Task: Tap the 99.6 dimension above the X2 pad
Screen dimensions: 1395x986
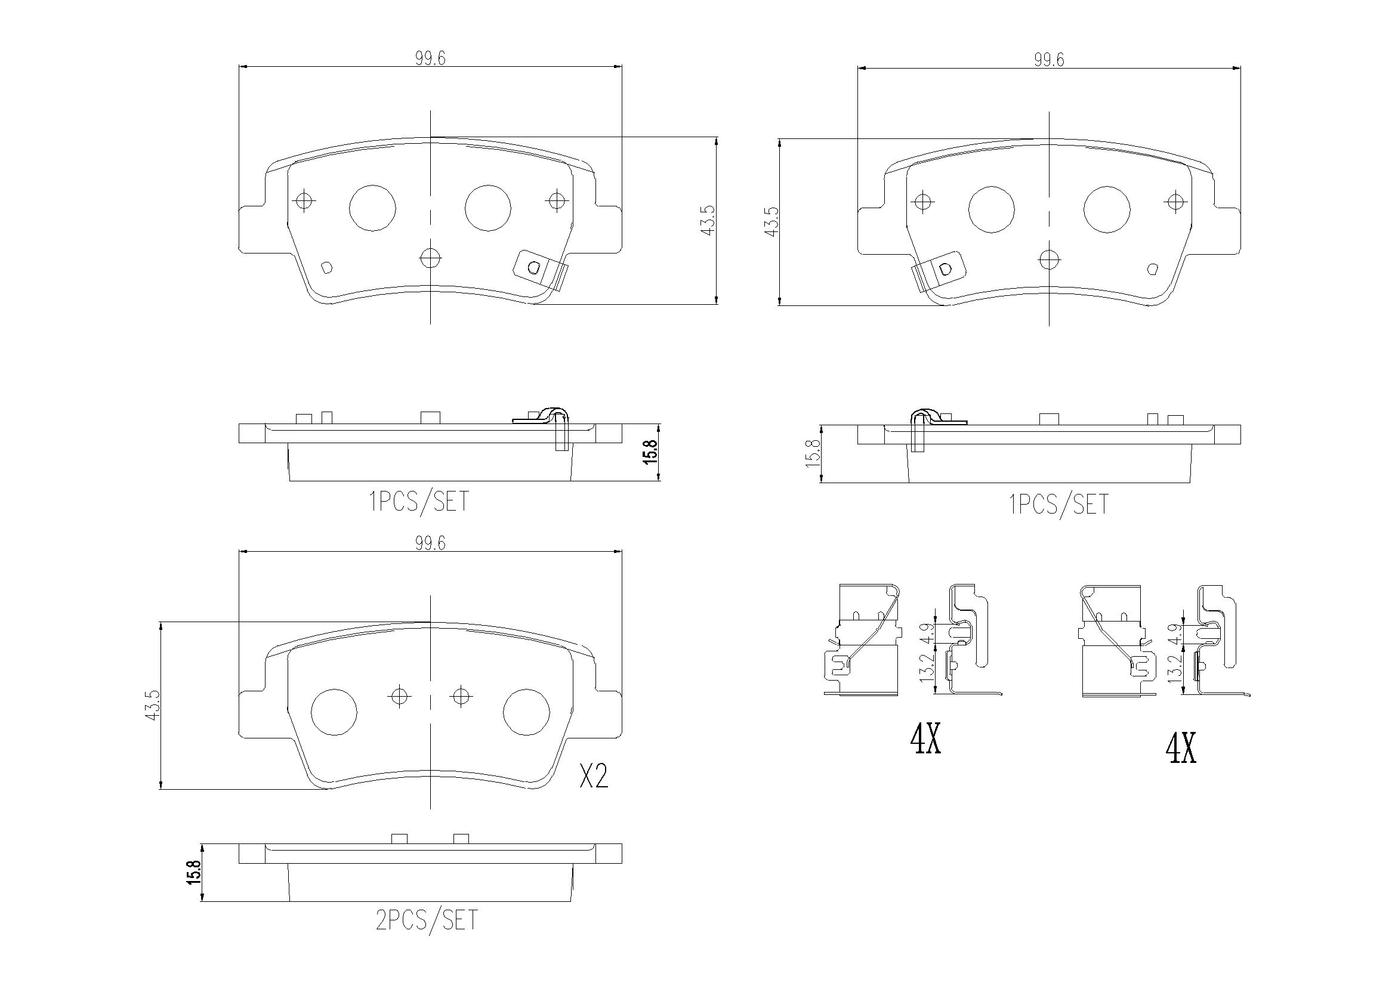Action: click(430, 543)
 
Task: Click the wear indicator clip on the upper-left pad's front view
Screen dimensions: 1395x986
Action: click(540, 271)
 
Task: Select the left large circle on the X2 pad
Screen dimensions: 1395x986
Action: click(334, 712)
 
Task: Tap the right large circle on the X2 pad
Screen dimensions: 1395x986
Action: click(527, 712)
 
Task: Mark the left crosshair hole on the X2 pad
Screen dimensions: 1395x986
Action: click(399, 696)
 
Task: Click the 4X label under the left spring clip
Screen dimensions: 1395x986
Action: click(925, 741)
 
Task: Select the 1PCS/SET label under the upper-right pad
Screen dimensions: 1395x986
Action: click(1058, 505)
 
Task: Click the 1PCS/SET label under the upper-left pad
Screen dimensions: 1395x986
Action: click(419, 502)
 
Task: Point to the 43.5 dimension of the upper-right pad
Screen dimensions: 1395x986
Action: click(771, 222)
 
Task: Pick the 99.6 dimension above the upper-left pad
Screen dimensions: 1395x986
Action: click(430, 58)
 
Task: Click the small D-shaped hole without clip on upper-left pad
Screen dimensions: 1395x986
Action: click(326, 266)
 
